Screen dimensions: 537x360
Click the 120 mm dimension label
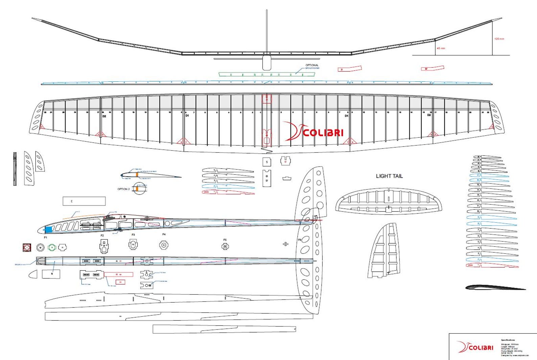499,39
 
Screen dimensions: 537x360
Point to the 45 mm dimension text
441,48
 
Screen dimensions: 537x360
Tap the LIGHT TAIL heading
389,176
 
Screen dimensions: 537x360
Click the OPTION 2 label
123,189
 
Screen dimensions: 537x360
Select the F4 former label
164,234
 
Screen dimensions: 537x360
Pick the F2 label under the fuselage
102,235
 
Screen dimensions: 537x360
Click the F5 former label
225,240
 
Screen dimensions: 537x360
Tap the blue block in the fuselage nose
48,229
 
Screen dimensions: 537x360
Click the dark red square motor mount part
27,248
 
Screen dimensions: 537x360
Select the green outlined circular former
52,248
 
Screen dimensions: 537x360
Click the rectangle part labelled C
84,201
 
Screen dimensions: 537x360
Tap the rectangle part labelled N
51,274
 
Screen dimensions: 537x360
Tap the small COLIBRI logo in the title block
475,347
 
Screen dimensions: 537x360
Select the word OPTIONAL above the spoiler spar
312,65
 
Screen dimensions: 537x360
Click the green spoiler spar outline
266,74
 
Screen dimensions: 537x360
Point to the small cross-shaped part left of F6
285,244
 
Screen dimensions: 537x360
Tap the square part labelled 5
267,162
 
